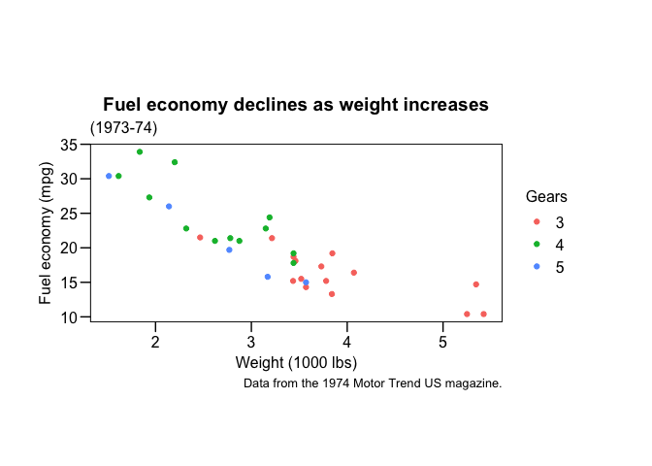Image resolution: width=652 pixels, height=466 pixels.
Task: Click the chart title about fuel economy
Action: pyautogui.click(x=295, y=105)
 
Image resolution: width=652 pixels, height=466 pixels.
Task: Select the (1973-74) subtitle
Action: pyautogui.click(x=123, y=128)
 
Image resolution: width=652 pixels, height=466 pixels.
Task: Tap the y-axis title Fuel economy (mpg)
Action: pyautogui.click(x=47, y=232)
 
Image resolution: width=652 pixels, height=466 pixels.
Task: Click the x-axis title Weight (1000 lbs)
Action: pyautogui.click(x=296, y=363)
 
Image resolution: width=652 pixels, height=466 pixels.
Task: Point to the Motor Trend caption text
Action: pyautogui.click(x=373, y=383)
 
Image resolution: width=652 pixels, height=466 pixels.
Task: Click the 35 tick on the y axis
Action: pyautogui.click(x=69, y=145)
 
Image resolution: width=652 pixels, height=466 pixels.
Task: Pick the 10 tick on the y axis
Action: pyautogui.click(x=69, y=317)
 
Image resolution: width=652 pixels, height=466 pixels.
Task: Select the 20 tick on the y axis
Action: pyautogui.click(x=69, y=249)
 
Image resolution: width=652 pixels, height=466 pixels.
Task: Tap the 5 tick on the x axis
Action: pyautogui.click(x=442, y=341)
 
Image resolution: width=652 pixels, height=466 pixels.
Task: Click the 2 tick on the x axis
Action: pyautogui.click(x=155, y=341)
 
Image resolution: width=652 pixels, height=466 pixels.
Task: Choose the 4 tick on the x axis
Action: pyautogui.click(x=346, y=341)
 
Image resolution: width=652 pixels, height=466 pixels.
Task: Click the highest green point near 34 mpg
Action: pyautogui.click(x=140, y=151)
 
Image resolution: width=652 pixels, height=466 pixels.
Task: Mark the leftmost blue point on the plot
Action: pyautogui.click(x=109, y=176)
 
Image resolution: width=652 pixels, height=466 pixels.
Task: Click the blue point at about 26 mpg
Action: pyautogui.click(x=169, y=206)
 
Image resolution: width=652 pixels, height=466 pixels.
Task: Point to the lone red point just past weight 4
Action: pyautogui.click(x=353, y=273)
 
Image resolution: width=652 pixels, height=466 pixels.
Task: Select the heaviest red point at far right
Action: pyautogui.click(x=483, y=314)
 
